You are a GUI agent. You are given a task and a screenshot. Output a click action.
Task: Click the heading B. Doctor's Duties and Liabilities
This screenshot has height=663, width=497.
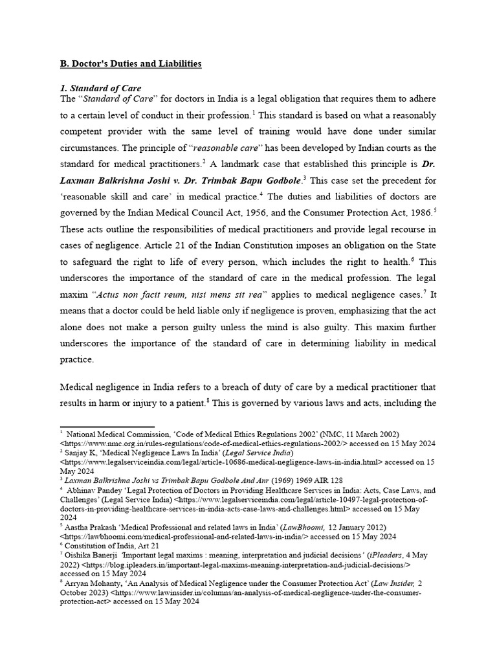pyautogui.click(x=131, y=63)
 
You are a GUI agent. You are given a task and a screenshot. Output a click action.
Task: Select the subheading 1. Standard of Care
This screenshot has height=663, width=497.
pyautogui.click(x=100, y=88)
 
